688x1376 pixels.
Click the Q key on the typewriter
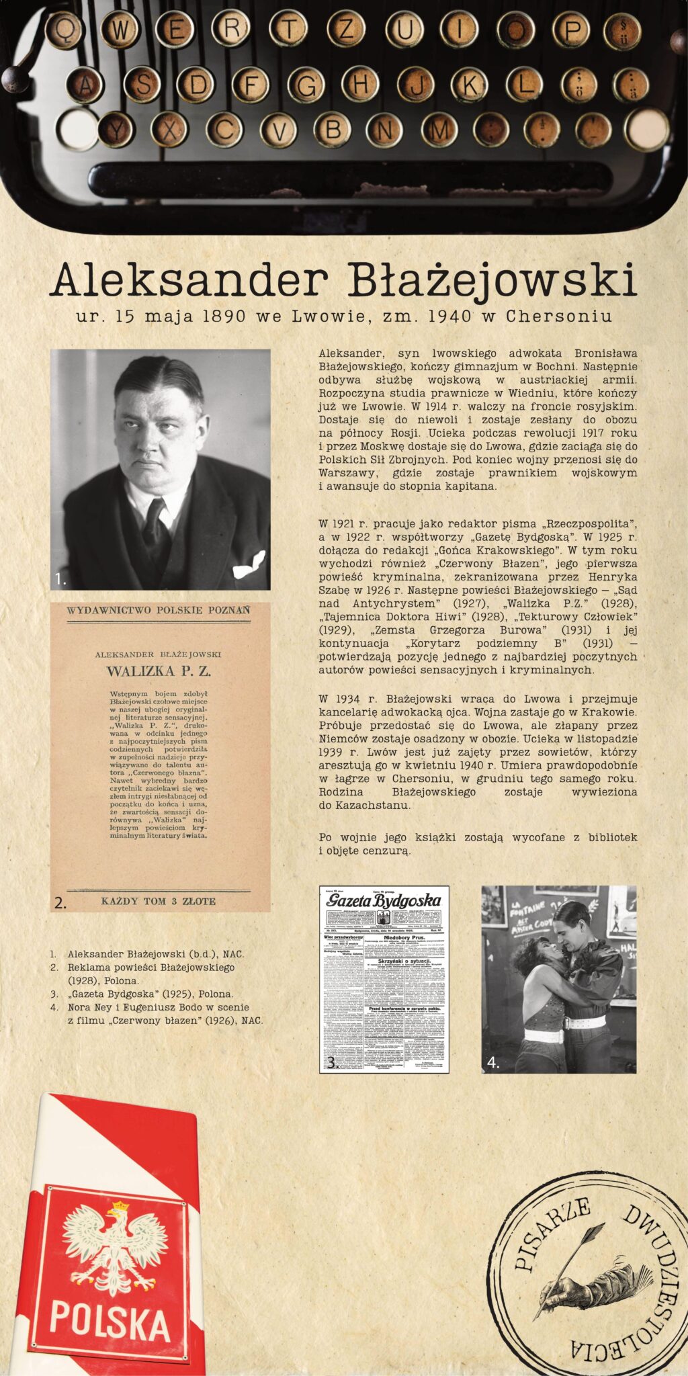click(x=64, y=30)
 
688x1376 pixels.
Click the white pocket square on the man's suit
click(x=249, y=564)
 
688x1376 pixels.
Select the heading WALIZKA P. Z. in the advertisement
click(x=159, y=671)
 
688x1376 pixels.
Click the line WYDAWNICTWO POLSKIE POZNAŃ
click(x=159, y=610)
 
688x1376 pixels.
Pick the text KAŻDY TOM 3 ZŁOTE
click(x=159, y=901)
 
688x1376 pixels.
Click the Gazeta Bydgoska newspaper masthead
click(x=384, y=900)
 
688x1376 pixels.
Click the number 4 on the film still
click(x=492, y=1063)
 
